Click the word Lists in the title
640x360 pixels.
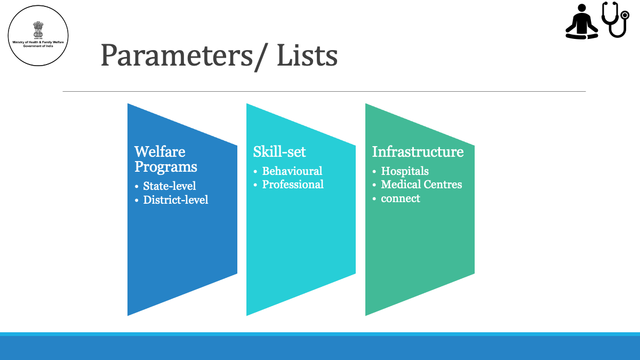(307, 55)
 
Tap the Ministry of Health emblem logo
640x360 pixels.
(38, 35)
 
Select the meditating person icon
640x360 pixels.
(581, 21)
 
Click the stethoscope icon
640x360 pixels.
(615, 19)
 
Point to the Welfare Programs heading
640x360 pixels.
(166, 159)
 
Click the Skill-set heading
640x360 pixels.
(279, 151)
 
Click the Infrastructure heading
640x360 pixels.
(418, 151)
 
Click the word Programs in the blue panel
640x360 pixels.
(166, 167)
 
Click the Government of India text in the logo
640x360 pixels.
(38, 46)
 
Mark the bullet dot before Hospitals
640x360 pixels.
(374, 172)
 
